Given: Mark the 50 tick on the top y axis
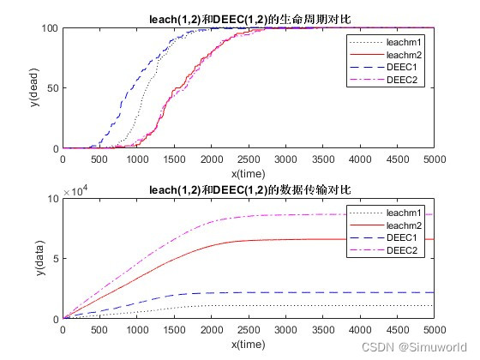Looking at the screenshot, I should [51, 88].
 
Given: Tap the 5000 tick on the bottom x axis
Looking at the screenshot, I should [431, 330].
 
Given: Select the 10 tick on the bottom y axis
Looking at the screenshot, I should [51, 199].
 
